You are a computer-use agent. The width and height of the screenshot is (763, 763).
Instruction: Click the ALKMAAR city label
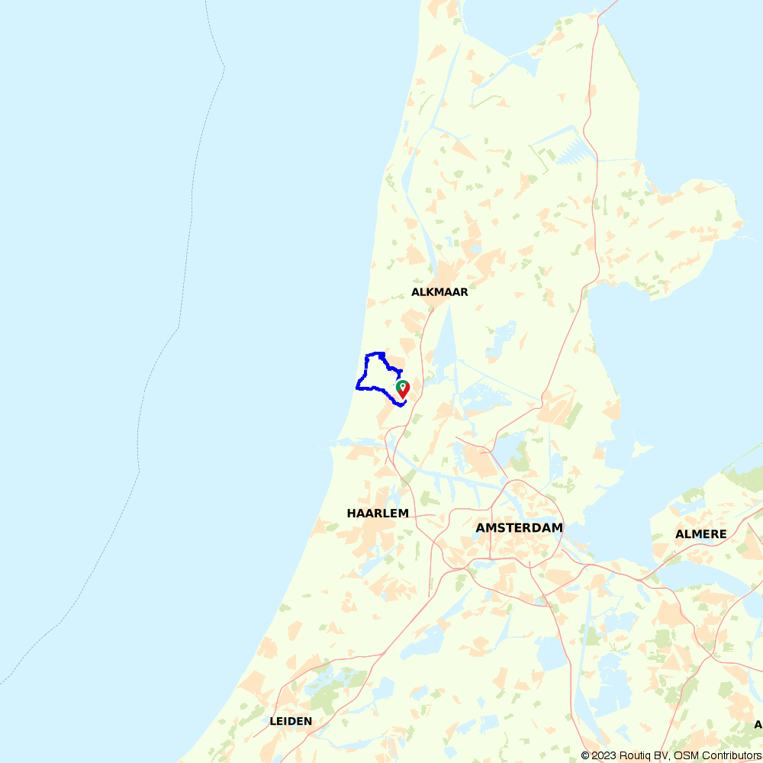[439, 292]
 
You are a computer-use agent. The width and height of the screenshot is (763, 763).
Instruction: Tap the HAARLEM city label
[378, 513]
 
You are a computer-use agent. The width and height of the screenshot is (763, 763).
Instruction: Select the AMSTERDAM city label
[519, 528]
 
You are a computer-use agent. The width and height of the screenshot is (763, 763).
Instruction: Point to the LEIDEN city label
[291, 721]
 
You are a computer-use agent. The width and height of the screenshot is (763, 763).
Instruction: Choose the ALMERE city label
[700, 534]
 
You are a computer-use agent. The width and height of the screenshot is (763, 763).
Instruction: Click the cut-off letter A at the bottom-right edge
[758, 724]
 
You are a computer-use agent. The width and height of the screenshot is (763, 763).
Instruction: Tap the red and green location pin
[403, 390]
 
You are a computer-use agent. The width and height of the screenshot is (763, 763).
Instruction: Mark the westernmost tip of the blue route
[357, 387]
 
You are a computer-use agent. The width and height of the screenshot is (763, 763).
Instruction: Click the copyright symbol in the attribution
[585, 755]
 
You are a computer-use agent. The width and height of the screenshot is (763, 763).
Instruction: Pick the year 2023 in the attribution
[604, 755]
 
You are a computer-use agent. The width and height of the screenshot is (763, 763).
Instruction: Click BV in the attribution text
[662, 755]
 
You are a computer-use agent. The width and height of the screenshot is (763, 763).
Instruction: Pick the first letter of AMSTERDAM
[481, 528]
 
